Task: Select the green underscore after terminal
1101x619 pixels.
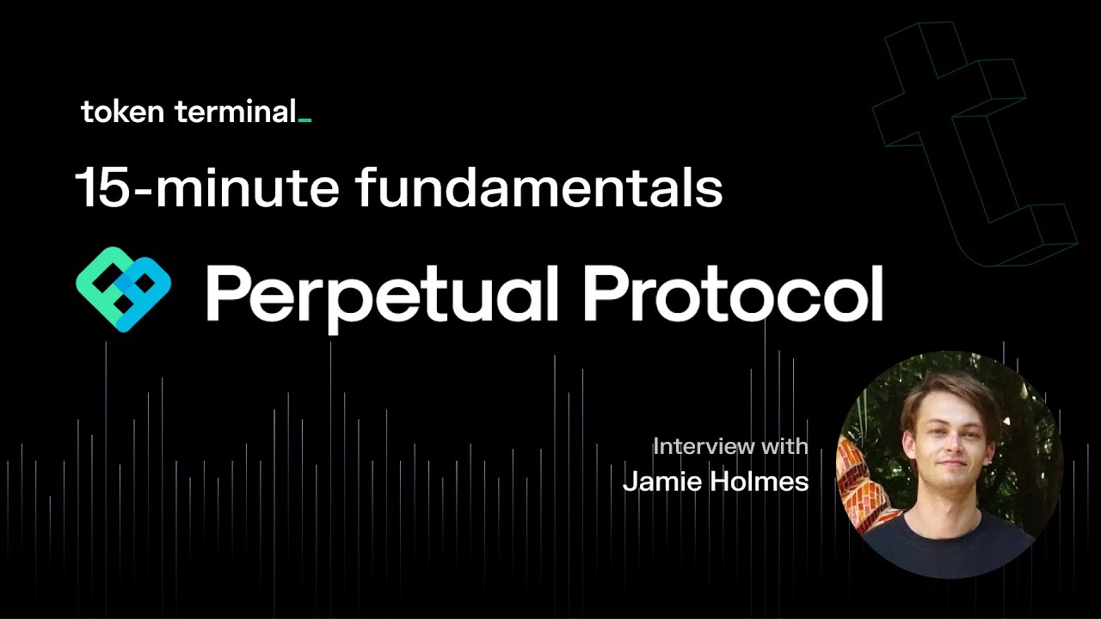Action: tap(304, 120)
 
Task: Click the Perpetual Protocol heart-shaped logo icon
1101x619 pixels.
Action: tap(124, 289)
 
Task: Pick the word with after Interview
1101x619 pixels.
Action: tap(783, 446)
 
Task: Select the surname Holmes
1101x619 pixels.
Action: tap(760, 481)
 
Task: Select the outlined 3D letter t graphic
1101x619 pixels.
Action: tap(972, 138)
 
